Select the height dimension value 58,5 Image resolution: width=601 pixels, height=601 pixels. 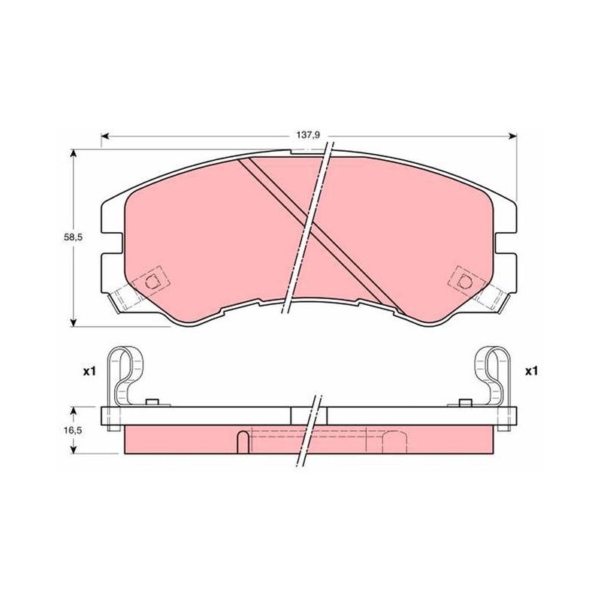tap(73, 237)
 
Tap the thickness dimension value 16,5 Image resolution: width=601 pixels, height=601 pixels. tap(73, 430)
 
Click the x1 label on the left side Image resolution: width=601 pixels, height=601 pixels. tap(89, 371)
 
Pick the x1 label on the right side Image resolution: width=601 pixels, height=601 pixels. tap(531, 371)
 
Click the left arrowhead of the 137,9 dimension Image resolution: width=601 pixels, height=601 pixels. tap(105, 136)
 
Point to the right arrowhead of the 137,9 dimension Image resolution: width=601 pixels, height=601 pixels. tap(512, 136)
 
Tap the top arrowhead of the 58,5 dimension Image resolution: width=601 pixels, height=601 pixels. tap(74, 154)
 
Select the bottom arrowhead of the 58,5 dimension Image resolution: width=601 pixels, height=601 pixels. tap(74, 322)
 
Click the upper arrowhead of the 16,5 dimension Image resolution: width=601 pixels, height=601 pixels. tap(74, 411)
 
